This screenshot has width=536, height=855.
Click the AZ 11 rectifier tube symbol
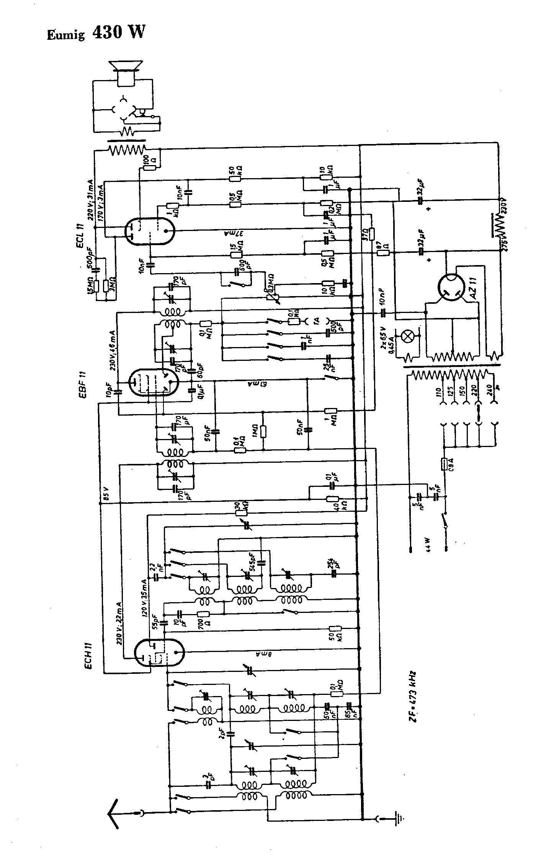click(x=454, y=287)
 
